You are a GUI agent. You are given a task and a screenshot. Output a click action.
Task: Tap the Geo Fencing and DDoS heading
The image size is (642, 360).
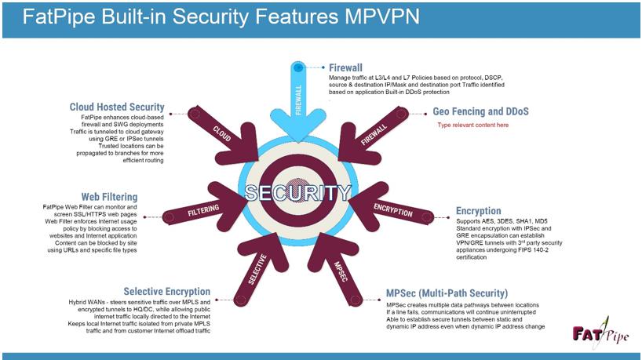tap(481, 112)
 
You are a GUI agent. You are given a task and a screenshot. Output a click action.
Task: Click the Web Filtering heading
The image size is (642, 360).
tap(109, 196)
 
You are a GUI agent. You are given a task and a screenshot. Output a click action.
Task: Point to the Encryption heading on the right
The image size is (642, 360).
tap(478, 211)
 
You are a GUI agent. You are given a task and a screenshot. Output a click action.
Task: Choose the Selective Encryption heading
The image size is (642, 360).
tap(166, 292)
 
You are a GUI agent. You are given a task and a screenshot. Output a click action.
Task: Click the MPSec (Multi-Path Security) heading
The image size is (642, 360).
tap(447, 294)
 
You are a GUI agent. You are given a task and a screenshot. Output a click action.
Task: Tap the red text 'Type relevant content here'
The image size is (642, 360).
tap(472, 125)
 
